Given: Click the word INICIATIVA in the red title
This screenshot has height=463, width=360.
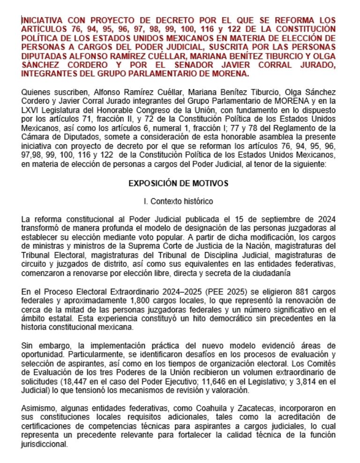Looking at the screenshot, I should pos(43,20).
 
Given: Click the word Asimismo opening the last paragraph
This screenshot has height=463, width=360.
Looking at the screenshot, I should pos(38,408).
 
